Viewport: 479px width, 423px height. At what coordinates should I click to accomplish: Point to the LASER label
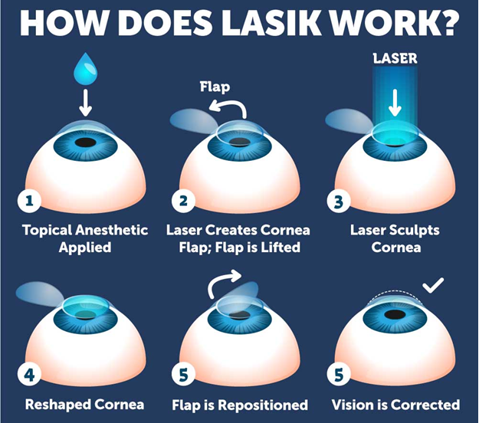tap(395, 58)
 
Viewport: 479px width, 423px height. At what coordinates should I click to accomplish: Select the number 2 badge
tap(182, 202)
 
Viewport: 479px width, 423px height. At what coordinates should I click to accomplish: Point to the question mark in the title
tap(451, 23)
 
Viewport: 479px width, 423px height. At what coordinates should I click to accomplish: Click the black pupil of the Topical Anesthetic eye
tap(87, 143)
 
